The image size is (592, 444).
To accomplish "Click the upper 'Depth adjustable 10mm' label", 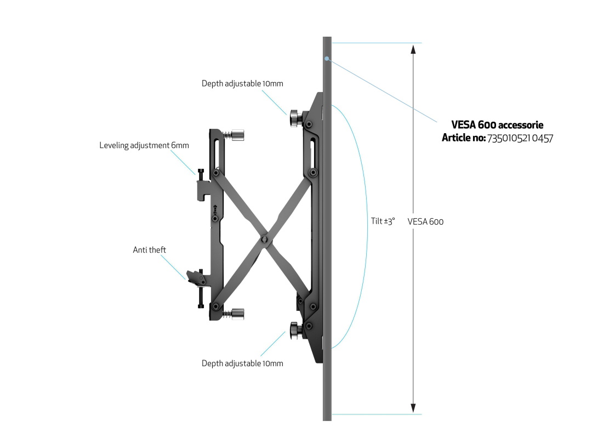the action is [x=242, y=83].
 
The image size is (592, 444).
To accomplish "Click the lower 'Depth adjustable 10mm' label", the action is [x=242, y=363].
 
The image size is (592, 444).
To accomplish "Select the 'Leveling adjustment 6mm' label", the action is [x=144, y=145].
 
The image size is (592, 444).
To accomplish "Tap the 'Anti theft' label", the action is [x=150, y=249].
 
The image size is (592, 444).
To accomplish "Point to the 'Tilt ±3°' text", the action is [x=383, y=221].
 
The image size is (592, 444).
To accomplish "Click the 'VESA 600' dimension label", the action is [x=425, y=221].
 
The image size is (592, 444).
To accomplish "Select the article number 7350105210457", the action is [x=520, y=139].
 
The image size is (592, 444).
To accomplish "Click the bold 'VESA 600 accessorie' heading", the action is [x=498, y=125].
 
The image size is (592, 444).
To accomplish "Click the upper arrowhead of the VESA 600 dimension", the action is [x=413, y=49].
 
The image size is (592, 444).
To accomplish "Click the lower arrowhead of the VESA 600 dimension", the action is [x=413, y=408].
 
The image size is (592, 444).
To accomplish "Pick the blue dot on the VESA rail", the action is [x=327, y=59].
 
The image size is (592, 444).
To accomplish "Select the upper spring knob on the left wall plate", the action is [x=238, y=135].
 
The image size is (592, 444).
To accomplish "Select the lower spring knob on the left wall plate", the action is [x=238, y=314].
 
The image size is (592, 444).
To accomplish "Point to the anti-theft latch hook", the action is [x=196, y=278].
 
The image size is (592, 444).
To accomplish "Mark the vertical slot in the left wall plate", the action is [x=217, y=154].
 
